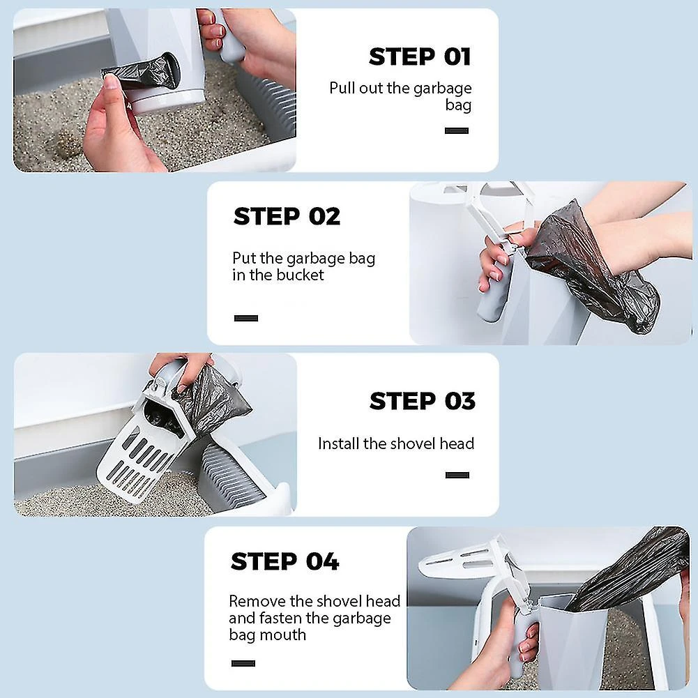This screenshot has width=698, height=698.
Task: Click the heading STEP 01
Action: (x=419, y=56)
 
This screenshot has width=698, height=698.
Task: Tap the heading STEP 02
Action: (x=287, y=216)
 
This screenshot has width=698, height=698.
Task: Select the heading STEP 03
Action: (x=422, y=401)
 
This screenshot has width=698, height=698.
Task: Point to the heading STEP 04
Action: (x=285, y=561)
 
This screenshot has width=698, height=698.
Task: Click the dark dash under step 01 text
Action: (x=457, y=130)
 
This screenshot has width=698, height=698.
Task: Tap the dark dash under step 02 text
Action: (x=246, y=318)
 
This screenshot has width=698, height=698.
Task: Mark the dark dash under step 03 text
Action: (x=457, y=475)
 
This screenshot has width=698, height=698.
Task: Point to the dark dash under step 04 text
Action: (x=243, y=663)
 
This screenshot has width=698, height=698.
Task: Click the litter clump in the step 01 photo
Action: (x=67, y=144)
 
